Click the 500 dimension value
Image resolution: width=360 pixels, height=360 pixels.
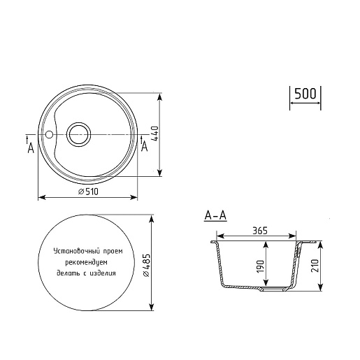tap(305, 94)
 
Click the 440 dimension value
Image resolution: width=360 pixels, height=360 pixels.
tap(154, 134)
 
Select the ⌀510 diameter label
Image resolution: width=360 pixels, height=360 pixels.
tap(88, 192)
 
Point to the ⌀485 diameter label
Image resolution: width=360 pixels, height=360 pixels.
tap(146, 266)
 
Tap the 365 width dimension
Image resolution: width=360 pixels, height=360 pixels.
tap(260, 231)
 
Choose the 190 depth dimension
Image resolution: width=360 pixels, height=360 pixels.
tap(261, 266)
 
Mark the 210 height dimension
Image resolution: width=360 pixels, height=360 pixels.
tap(315, 266)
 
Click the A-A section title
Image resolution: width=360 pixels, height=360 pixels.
tap(215, 215)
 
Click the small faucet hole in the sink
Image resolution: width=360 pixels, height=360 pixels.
tap(50, 134)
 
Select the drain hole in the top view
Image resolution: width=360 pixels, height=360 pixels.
tap(78, 135)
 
